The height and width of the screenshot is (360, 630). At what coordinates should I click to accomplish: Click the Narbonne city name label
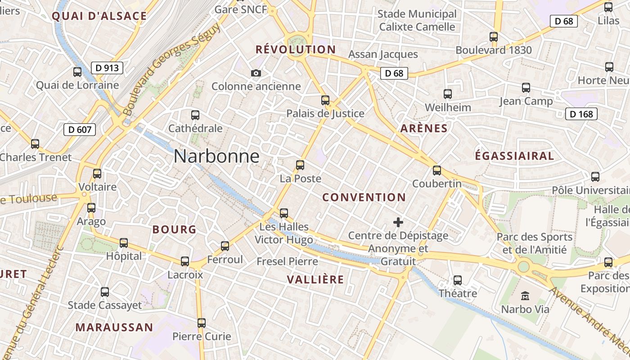pos(216,156)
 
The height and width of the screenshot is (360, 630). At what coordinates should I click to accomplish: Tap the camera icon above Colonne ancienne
pos(256,73)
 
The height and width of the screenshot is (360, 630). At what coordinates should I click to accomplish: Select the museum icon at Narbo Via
pos(525,296)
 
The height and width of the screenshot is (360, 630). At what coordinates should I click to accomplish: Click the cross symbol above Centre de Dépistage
pos(398,222)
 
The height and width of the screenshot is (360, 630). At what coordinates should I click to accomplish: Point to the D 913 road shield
pos(108,68)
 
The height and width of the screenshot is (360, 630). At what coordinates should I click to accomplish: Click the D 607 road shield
pos(80,130)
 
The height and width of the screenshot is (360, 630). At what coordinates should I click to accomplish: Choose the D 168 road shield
pos(581,114)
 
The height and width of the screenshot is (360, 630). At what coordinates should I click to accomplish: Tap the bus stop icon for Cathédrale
pos(195,115)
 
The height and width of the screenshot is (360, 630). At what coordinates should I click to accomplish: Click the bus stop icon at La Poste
pos(300,165)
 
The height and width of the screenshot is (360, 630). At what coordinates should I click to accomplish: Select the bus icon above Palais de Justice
pos(325,100)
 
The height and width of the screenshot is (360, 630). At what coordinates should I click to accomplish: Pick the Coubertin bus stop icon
pos(437,171)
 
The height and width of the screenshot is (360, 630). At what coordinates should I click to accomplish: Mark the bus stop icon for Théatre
pos(458,280)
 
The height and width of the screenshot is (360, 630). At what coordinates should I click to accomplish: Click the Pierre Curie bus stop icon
pos(202,323)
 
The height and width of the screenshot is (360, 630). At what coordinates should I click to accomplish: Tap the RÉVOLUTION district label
pos(296,49)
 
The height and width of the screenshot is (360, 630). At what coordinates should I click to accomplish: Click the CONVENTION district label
pos(364,197)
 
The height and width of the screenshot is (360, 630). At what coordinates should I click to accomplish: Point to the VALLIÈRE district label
pos(315,279)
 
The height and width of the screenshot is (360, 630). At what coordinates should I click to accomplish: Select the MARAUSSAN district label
pos(114,327)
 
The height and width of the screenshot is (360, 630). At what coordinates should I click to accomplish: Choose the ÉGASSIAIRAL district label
pos(514,156)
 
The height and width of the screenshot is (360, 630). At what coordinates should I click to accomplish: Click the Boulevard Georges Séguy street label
pos(172,69)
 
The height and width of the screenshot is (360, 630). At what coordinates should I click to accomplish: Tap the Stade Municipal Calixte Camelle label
pos(417,20)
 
